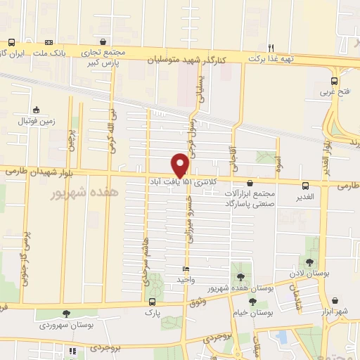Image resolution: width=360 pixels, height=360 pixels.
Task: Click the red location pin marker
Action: [180, 165]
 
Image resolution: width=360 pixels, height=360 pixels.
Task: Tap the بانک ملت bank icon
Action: [49, 43]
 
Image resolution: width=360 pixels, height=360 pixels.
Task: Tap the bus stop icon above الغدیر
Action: [305, 186]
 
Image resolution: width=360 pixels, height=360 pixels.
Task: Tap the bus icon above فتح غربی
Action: [335, 81]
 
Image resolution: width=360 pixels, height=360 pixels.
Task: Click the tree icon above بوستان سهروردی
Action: [67, 314]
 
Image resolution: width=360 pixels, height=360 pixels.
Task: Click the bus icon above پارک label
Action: [151, 302]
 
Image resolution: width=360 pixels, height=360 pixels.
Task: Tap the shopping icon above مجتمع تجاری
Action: [104, 42]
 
